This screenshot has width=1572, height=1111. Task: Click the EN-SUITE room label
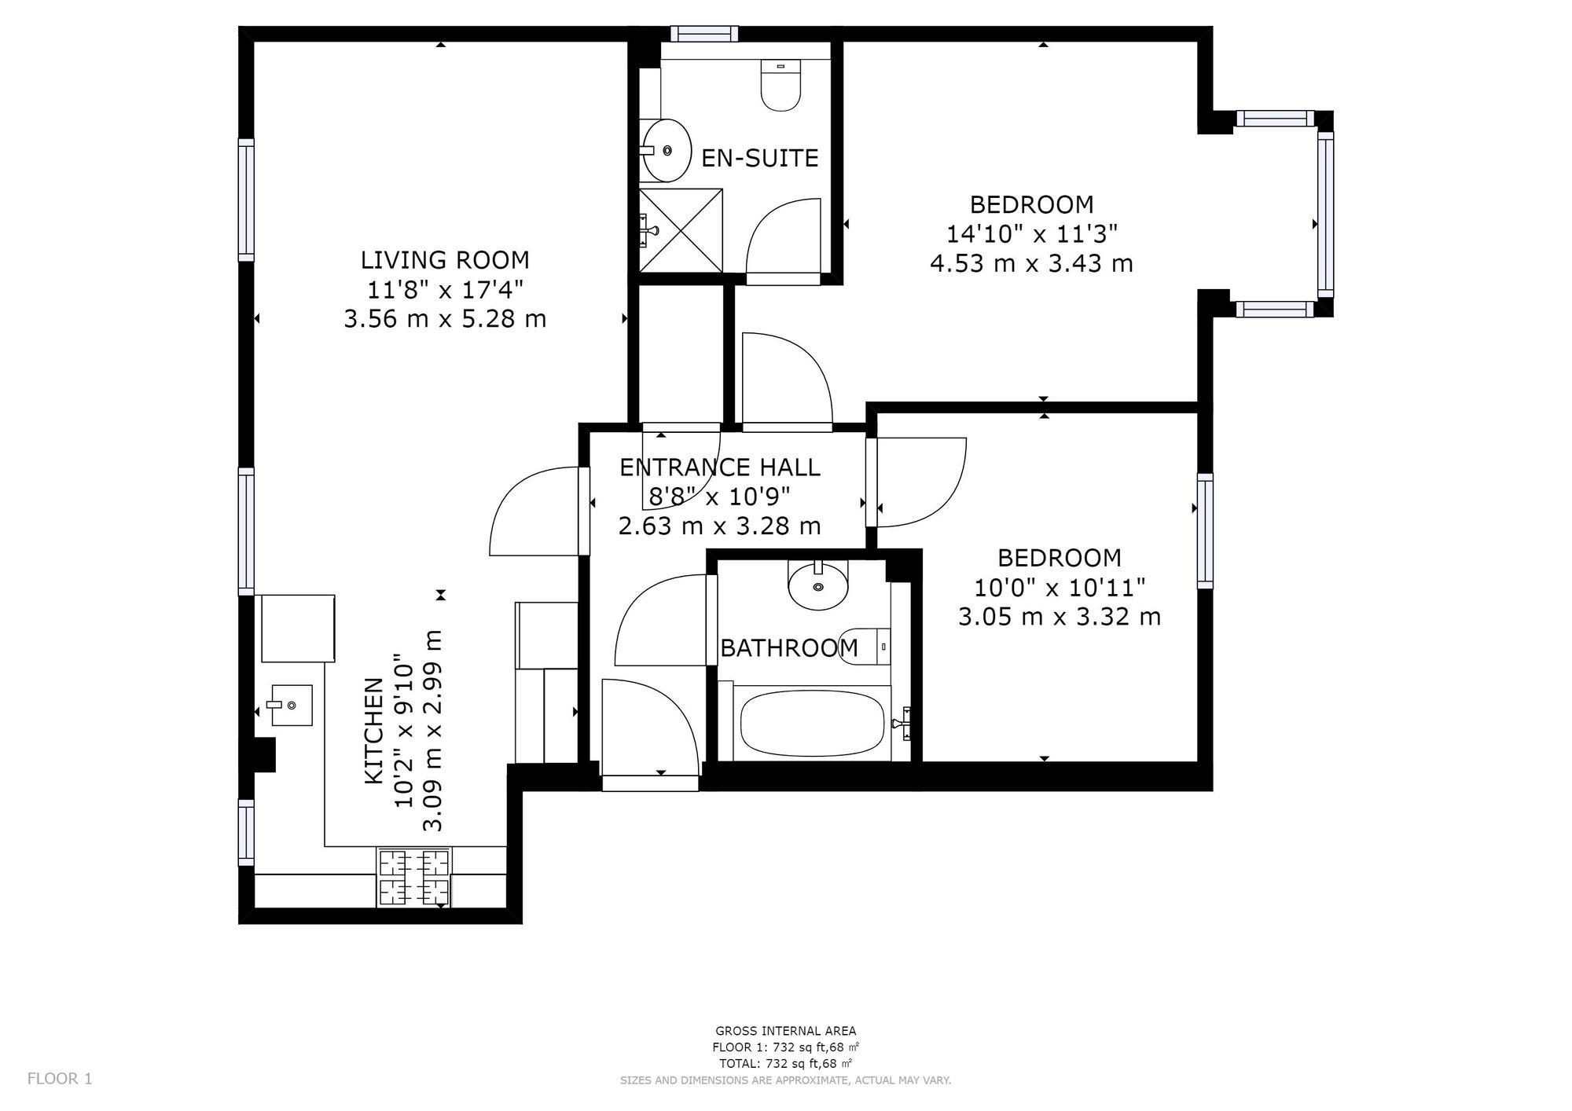click(759, 158)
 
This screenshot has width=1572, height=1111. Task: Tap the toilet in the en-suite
click(780, 87)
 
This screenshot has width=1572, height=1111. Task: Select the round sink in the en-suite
click(666, 149)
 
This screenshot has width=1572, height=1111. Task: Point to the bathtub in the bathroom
click(811, 723)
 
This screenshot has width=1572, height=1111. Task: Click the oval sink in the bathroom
click(818, 585)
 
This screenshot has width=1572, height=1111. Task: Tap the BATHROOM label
click(788, 648)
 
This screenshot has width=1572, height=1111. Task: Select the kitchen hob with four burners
click(414, 878)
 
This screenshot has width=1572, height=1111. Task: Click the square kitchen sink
click(289, 705)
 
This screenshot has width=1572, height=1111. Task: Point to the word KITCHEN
click(374, 731)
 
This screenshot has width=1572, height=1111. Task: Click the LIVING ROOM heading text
click(445, 260)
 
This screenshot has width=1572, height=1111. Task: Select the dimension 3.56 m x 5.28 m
click(445, 319)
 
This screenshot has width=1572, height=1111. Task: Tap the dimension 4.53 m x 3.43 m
click(1031, 263)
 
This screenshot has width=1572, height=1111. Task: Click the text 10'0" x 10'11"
click(1059, 588)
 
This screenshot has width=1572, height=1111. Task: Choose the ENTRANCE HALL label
click(719, 467)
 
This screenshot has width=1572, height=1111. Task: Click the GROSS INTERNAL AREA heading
click(785, 1031)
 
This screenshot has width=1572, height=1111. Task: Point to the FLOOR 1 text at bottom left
click(60, 1079)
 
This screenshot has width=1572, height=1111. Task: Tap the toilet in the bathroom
click(863, 646)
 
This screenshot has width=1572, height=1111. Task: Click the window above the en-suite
click(704, 33)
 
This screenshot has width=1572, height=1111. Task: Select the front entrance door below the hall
click(650, 783)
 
